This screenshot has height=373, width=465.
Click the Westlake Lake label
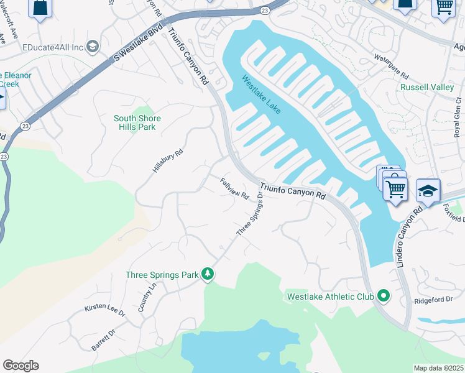point(261,94)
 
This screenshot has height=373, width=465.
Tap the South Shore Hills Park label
point(137,122)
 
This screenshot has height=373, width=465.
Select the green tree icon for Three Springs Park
point(208,274)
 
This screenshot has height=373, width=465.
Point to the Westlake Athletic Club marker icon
point(384,297)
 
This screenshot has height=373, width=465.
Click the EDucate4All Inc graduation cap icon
point(92,47)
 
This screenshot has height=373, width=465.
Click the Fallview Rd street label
point(234,188)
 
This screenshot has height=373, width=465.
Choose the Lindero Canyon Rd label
point(409,236)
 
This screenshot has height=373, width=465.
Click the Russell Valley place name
point(427,88)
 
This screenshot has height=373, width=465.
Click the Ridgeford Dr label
point(433,300)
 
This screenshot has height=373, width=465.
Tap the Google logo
point(21,366)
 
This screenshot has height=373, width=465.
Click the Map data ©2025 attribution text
point(439,368)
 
